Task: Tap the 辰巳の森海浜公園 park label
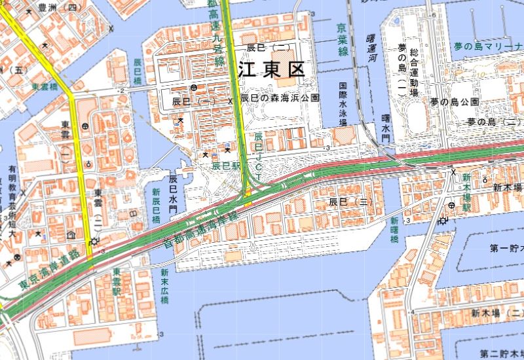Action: click(x=280, y=98)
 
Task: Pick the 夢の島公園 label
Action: click(x=455, y=102)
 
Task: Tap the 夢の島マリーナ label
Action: click(x=488, y=46)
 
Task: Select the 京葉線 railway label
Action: click(x=342, y=40)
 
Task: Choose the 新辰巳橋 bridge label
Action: click(x=156, y=206)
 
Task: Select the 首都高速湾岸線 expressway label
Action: click(x=200, y=230)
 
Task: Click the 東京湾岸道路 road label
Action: click(x=49, y=270)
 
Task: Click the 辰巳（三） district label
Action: click(x=350, y=202)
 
